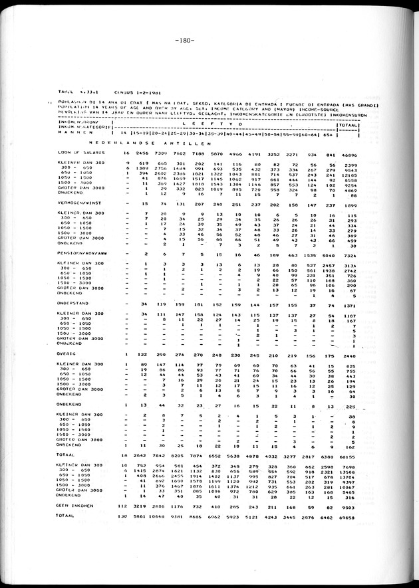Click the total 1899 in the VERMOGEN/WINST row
pyautogui.click(x=350, y=203)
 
